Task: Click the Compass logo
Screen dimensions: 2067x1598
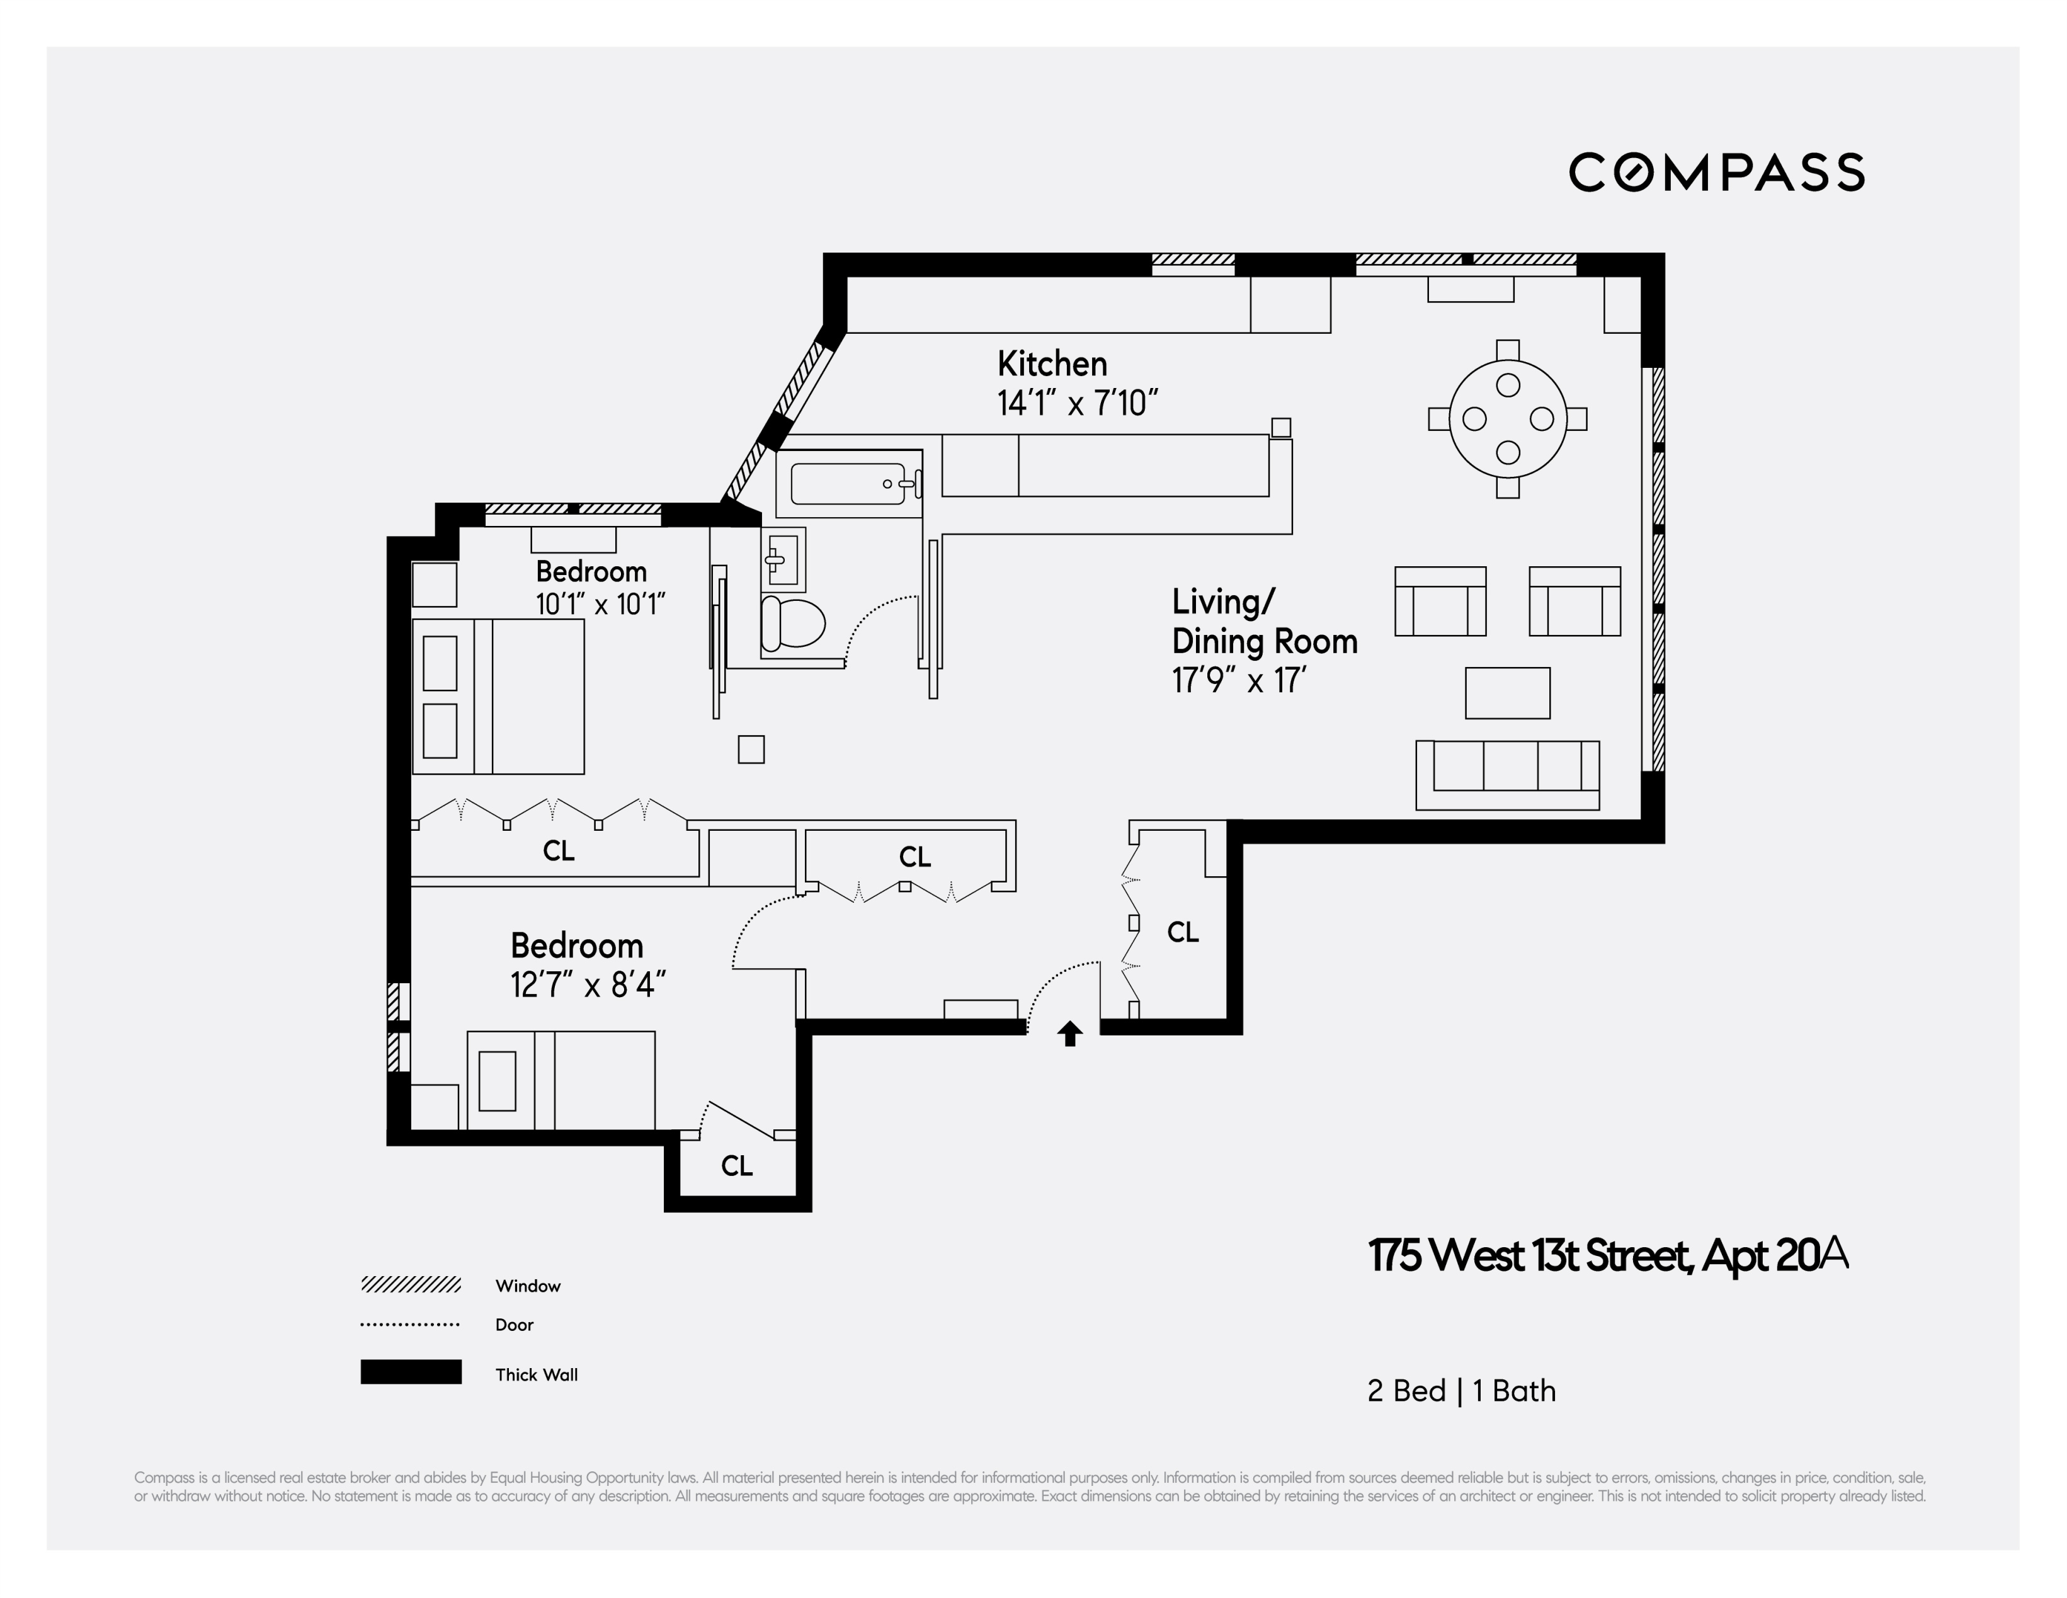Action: pyautogui.click(x=1716, y=173)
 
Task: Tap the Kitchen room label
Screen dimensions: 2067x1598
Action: pyautogui.click(x=1052, y=363)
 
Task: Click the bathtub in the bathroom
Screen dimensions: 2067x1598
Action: pyautogui.click(x=848, y=484)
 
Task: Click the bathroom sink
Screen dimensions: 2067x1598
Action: pyautogui.click(x=783, y=559)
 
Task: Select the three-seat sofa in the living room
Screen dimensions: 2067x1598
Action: pyautogui.click(x=1506, y=774)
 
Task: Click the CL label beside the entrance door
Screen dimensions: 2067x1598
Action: pyautogui.click(x=1182, y=932)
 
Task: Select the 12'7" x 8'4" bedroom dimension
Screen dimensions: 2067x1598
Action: pyautogui.click(x=588, y=986)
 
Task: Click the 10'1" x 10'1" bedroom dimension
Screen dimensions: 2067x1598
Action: pyautogui.click(x=601, y=604)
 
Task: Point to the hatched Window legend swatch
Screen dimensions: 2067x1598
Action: pyautogui.click(x=411, y=1285)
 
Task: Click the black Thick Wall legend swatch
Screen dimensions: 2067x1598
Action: pyautogui.click(x=411, y=1372)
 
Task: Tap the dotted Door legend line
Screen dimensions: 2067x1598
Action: pyautogui.click(x=411, y=1325)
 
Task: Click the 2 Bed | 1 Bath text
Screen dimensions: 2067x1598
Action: pyautogui.click(x=1461, y=1391)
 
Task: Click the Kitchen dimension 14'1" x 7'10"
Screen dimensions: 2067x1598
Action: pyautogui.click(x=1077, y=404)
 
